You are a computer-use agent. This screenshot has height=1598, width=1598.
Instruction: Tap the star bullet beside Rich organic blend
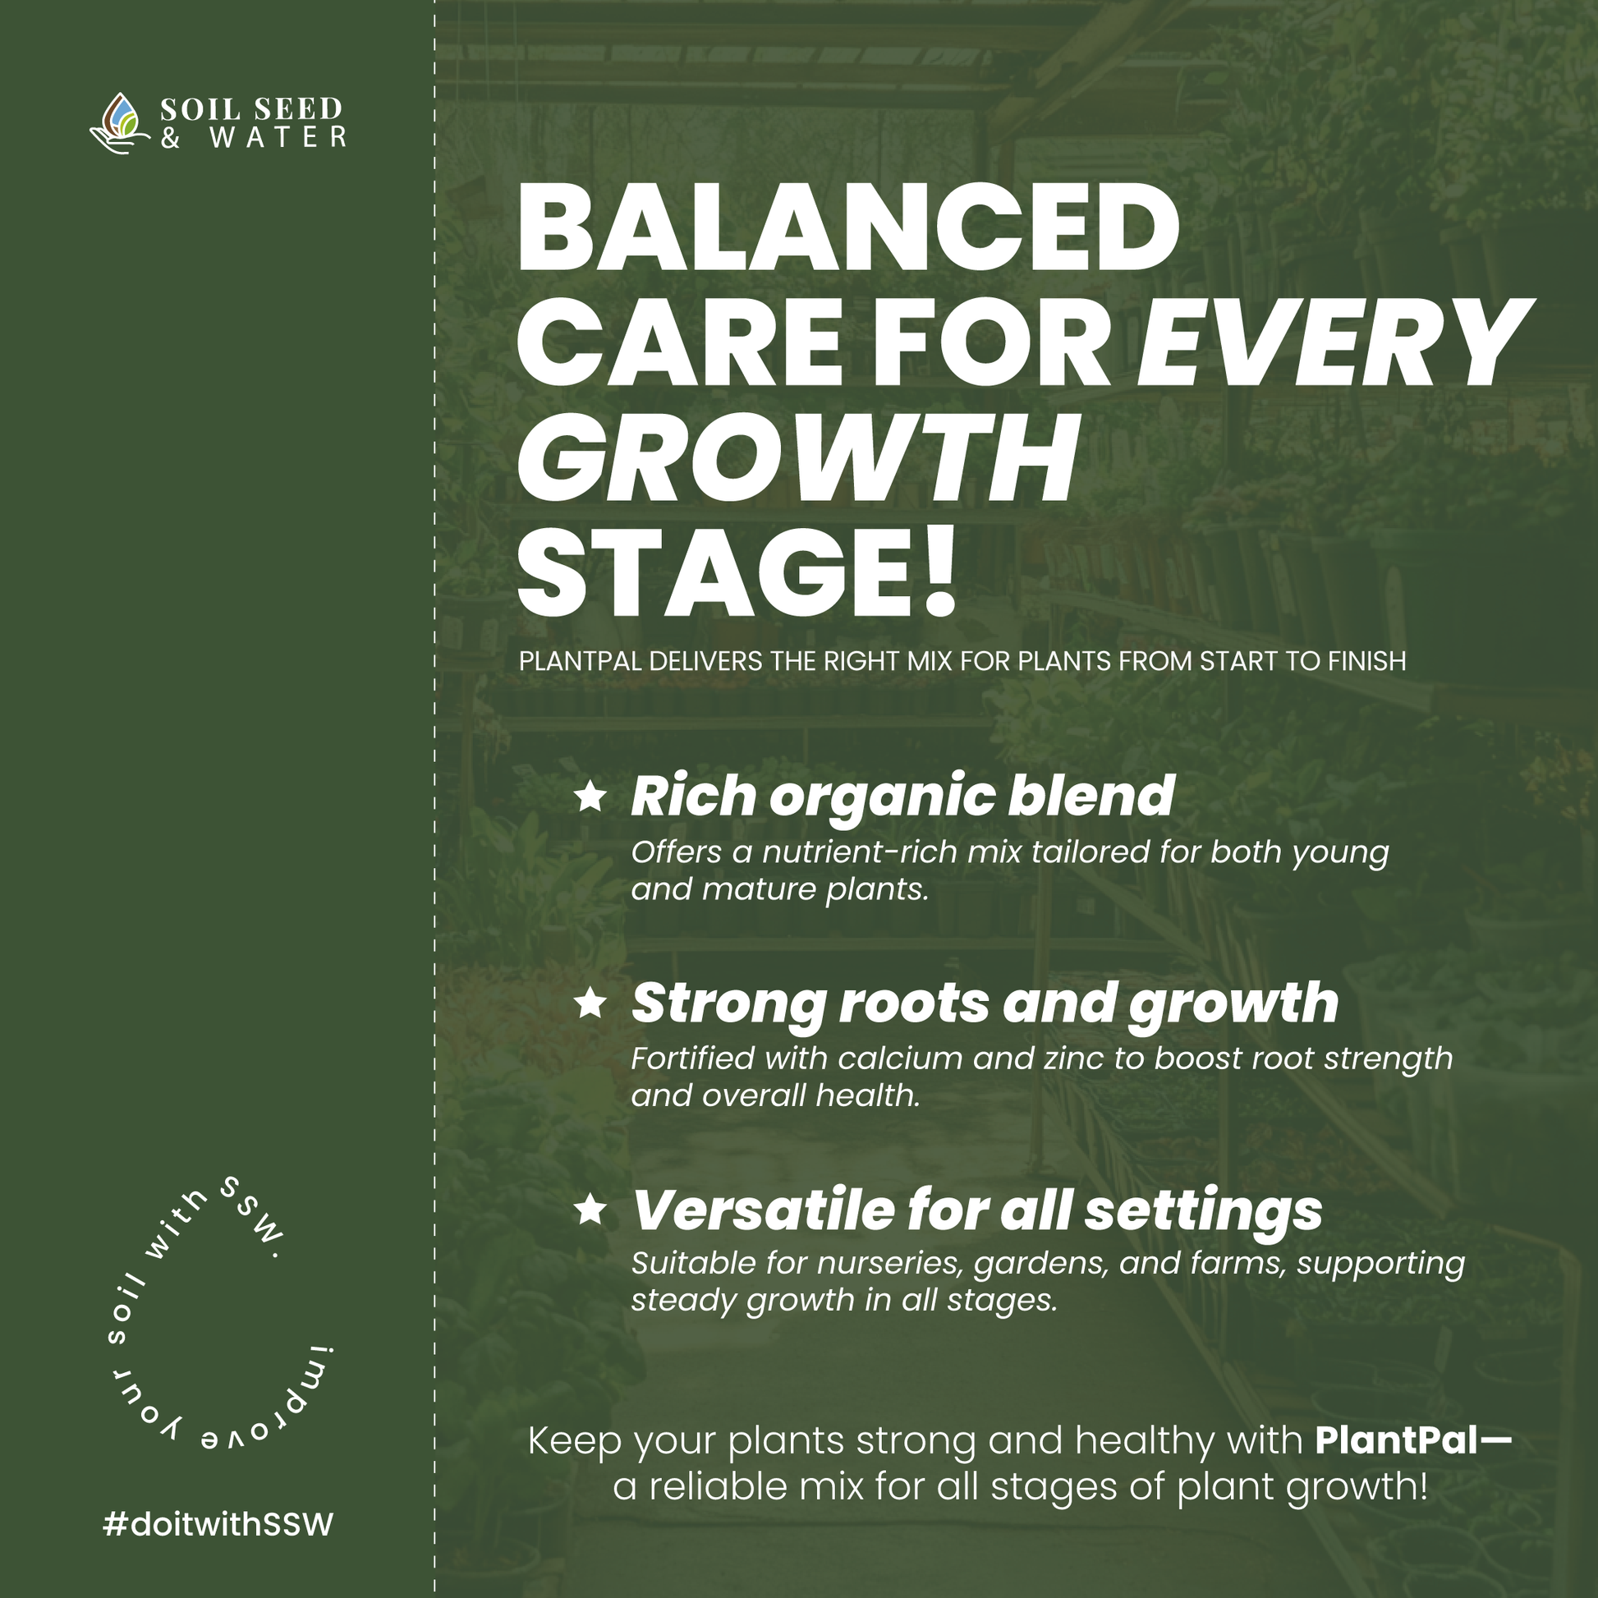tap(590, 797)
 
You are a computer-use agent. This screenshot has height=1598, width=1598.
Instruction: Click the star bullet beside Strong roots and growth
tap(590, 1003)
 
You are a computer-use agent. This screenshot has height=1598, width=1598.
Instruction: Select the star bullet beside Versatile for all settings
tap(590, 1210)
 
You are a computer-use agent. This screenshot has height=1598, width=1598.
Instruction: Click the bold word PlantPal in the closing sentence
tap(1396, 1441)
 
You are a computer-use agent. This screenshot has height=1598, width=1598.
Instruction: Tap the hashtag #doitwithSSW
tap(218, 1523)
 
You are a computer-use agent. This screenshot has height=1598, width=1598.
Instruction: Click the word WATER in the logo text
tap(278, 137)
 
